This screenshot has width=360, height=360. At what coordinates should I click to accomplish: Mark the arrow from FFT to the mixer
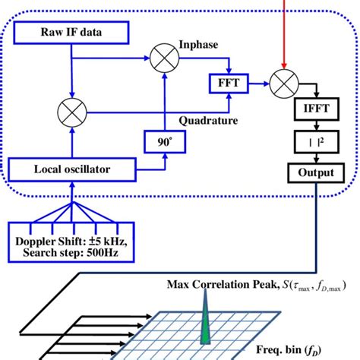pyautogui.click(x=254, y=80)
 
